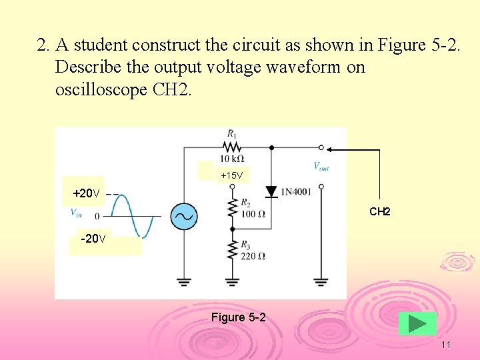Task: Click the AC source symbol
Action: [x=183, y=216]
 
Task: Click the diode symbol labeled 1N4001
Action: [x=271, y=192]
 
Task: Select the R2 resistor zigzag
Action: [x=232, y=208]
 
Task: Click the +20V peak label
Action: [x=86, y=193]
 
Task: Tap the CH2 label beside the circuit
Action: [x=379, y=211]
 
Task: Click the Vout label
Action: [x=321, y=166]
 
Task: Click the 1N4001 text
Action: [x=296, y=192]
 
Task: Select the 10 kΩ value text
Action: [x=231, y=159]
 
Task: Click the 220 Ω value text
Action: [x=253, y=255]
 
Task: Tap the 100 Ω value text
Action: [x=253, y=214]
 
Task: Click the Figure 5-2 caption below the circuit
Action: [x=238, y=317]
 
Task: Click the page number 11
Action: [x=446, y=345]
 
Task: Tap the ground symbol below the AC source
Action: [x=183, y=281]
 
